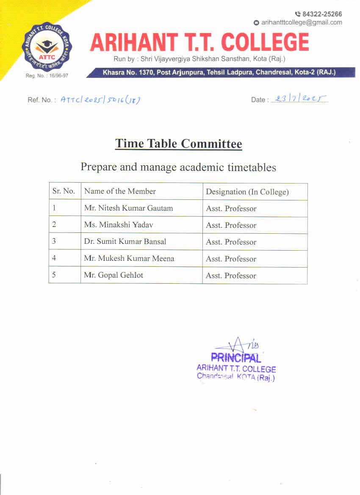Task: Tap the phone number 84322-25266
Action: point(322,14)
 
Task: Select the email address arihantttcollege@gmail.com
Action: point(301,22)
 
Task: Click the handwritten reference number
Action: point(100,100)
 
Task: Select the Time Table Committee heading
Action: point(179,144)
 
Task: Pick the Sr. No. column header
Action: point(64,191)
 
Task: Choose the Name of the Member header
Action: point(120,191)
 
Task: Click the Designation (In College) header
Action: point(247,192)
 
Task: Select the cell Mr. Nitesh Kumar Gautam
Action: point(128,208)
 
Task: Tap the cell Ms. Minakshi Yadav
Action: point(119,225)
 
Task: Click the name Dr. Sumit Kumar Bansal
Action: point(125,242)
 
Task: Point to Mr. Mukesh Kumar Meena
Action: point(129,258)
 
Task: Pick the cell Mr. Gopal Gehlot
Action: point(114,275)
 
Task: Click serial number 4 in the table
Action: point(54,258)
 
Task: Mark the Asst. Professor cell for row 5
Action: point(231,276)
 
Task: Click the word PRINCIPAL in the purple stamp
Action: point(236,358)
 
